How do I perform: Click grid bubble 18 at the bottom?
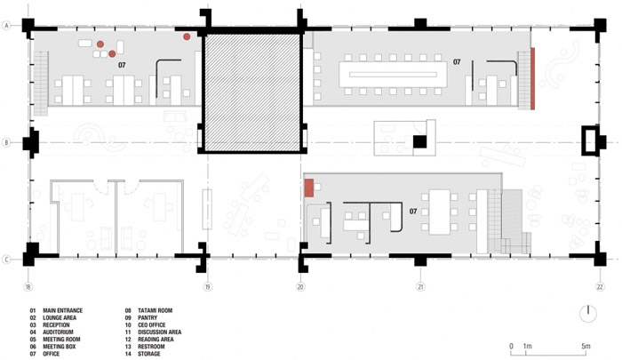point(28,286)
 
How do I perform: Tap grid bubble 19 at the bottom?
point(208,286)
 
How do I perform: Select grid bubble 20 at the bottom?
point(300,286)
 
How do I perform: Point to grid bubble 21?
point(420,286)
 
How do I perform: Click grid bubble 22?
point(600,286)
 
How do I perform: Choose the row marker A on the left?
point(6,26)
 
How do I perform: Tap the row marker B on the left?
point(6,142)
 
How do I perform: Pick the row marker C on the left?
point(6,260)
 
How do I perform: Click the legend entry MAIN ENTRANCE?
point(63,310)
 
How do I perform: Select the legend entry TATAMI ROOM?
point(155,310)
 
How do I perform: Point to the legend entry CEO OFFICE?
point(152,324)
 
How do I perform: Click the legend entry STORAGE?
point(149,354)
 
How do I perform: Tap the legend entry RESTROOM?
point(151,347)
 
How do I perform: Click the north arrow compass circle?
point(588,314)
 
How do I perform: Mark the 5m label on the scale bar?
point(586,346)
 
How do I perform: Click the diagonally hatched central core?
point(252,92)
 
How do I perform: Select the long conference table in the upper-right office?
point(393,75)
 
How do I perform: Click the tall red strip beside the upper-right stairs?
point(532,78)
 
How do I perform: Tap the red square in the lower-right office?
point(309,188)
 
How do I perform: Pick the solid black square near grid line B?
point(419,142)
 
